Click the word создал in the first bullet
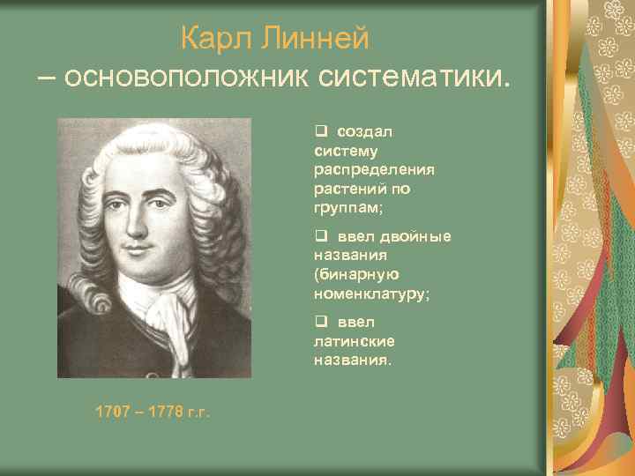click(x=363, y=131)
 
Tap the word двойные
click(x=415, y=236)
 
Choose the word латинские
click(x=354, y=341)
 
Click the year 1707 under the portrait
click(x=113, y=411)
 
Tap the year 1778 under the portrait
click(x=161, y=411)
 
